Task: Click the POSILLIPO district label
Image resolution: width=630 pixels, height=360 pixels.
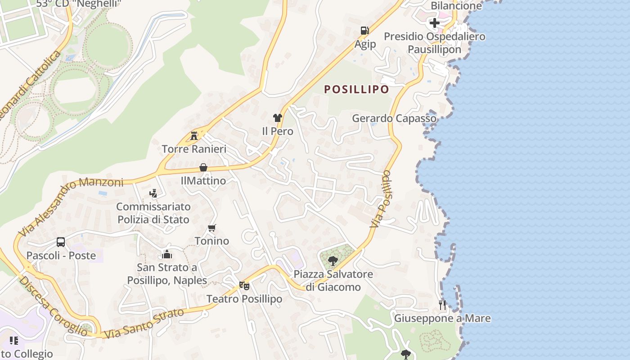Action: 356,89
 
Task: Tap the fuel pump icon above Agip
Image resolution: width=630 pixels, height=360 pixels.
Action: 364,31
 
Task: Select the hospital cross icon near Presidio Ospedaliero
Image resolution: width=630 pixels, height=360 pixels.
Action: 434,22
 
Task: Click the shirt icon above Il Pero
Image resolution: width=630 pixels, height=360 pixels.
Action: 277,118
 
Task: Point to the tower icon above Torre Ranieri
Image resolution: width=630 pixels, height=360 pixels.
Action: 194,135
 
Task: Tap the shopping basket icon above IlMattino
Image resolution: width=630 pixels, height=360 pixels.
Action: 203,167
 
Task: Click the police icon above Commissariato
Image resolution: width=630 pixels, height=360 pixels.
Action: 153,193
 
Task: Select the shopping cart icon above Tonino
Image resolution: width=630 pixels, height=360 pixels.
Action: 212,228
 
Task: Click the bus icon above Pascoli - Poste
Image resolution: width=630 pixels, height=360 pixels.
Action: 61,242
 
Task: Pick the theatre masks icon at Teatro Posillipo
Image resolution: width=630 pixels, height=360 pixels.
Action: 244,285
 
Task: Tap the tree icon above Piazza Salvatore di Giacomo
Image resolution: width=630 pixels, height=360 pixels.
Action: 333,261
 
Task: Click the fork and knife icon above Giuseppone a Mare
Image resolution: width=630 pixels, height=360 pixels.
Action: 442,305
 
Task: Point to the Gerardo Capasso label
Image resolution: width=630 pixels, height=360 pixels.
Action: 394,118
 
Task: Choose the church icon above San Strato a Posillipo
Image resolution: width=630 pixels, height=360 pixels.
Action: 167,255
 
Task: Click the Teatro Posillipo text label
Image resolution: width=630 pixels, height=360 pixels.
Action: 244,299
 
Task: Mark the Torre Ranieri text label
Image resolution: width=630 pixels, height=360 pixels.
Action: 194,148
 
